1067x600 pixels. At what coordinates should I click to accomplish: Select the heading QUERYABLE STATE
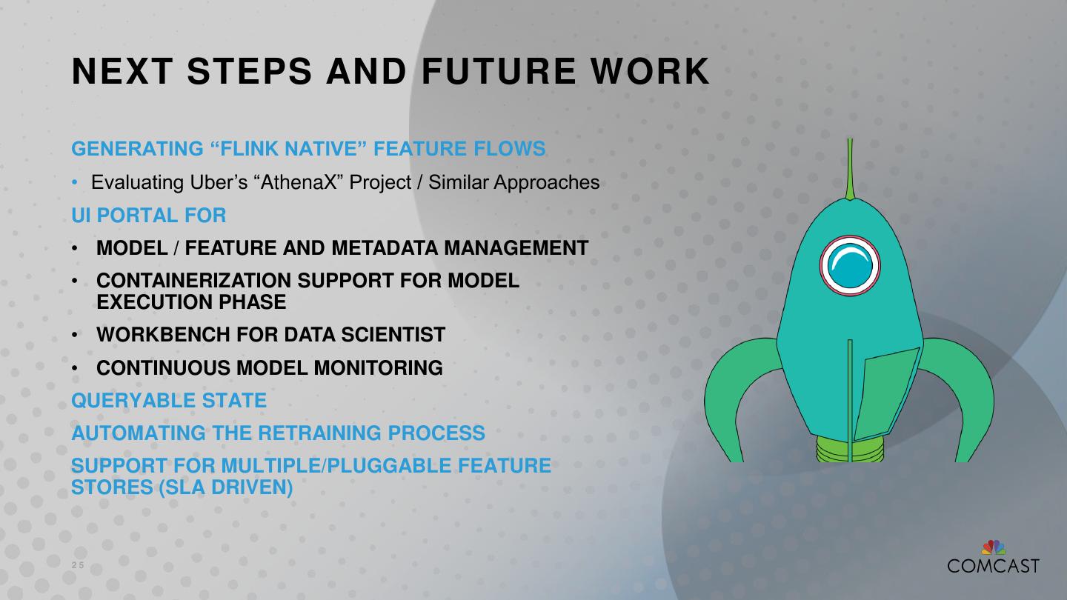coord(169,401)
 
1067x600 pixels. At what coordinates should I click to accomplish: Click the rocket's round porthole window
coord(850,265)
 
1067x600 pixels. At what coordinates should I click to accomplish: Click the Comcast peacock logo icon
coord(994,548)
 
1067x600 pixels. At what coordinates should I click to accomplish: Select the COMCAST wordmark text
coord(993,566)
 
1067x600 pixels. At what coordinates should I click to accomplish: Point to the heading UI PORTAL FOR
coord(148,216)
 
